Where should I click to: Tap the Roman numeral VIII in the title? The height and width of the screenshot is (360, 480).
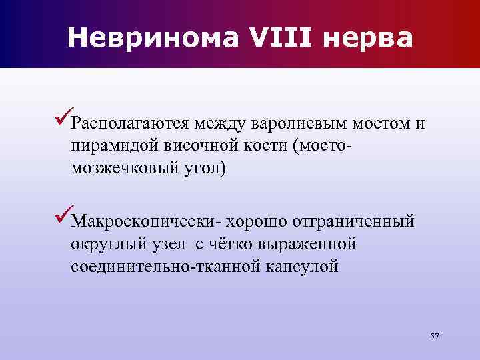[x=279, y=39]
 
